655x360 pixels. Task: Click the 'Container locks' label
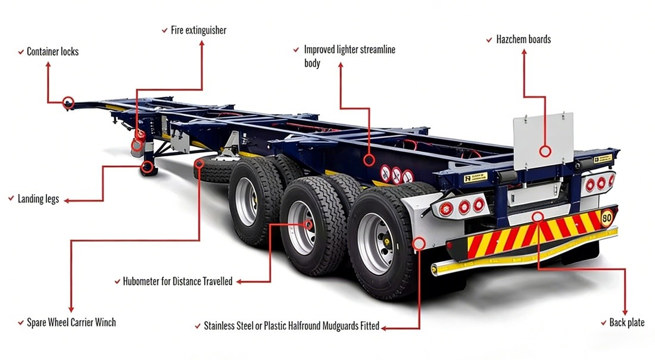52,51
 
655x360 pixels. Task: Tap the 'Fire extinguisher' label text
198,30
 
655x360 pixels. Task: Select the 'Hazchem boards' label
523,39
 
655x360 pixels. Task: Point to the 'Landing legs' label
38,199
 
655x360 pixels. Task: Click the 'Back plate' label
626,323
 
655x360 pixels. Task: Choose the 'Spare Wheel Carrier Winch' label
71,323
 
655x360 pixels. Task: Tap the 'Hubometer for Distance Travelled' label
177,281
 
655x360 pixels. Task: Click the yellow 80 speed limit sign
607,218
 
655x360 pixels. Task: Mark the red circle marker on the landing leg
147,167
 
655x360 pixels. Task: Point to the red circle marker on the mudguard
419,243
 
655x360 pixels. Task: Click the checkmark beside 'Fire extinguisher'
164,30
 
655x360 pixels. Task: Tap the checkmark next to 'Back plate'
604,323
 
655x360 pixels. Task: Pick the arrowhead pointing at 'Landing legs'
67,201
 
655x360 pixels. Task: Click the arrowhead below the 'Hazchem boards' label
524,52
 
